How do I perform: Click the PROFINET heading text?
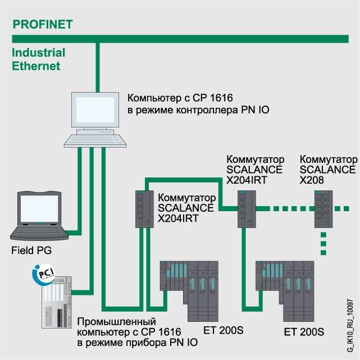[x=43, y=24]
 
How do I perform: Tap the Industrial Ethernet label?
[x=38, y=59]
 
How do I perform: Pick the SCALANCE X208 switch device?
[x=323, y=208]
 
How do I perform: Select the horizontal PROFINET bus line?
[x=180, y=39]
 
